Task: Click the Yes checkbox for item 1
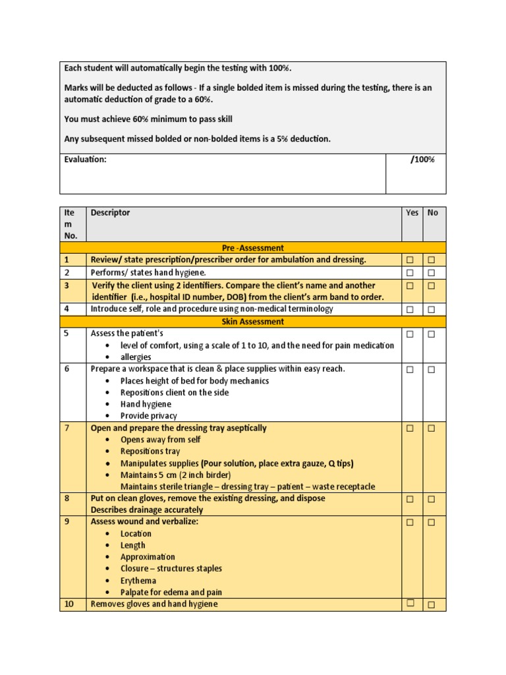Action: point(410,260)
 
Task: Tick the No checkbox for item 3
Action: point(432,286)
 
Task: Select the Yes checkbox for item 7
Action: point(410,428)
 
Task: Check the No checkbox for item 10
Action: point(432,604)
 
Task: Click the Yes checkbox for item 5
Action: point(410,334)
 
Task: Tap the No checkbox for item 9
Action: point(432,523)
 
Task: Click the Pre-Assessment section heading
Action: point(253,248)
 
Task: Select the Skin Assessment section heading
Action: point(253,322)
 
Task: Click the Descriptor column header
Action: point(110,213)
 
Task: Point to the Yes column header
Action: point(412,213)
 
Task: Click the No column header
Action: point(433,213)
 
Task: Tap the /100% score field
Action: point(422,160)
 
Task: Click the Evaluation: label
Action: point(85,160)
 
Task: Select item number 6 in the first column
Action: point(67,369)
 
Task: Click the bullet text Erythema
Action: point(138,581)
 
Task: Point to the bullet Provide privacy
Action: point(148,416)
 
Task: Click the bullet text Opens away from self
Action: point(160,440)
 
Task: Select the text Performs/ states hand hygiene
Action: point(148,273)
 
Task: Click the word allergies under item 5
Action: point(136,357)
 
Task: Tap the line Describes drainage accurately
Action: point(147,510)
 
